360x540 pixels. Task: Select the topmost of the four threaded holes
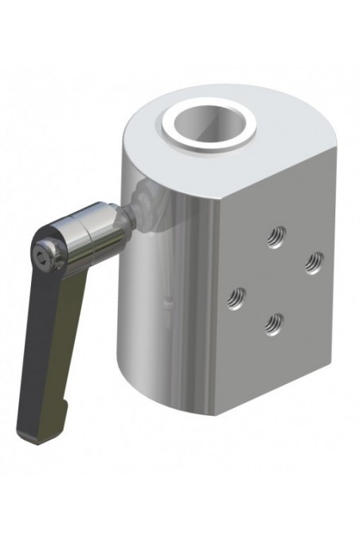(x=276, y=236)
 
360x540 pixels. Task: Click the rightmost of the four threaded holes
(x=315, y=260)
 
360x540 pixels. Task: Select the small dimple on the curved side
(x=168, y=302)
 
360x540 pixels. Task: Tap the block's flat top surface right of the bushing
(x=283, y=147)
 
